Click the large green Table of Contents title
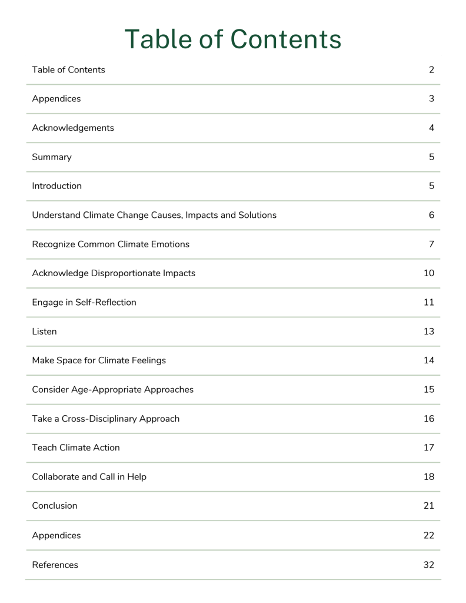[232, 39]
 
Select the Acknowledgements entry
[73, 128]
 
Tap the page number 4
[431, 128]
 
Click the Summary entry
[52, 157]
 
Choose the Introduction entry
[57, 186]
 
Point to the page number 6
[431, 215]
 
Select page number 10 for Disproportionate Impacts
[429, 273]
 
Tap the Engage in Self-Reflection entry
[84, 302]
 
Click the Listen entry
[45, 332]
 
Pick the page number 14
[429, 360]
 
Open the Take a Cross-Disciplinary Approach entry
[106, 419]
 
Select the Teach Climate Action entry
[76, 448]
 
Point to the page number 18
[429, 476]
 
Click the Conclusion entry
[55, 506]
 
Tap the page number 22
[429, 535]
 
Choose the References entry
[55, 565]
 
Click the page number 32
[429, 565]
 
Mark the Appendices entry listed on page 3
[56, 99]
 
